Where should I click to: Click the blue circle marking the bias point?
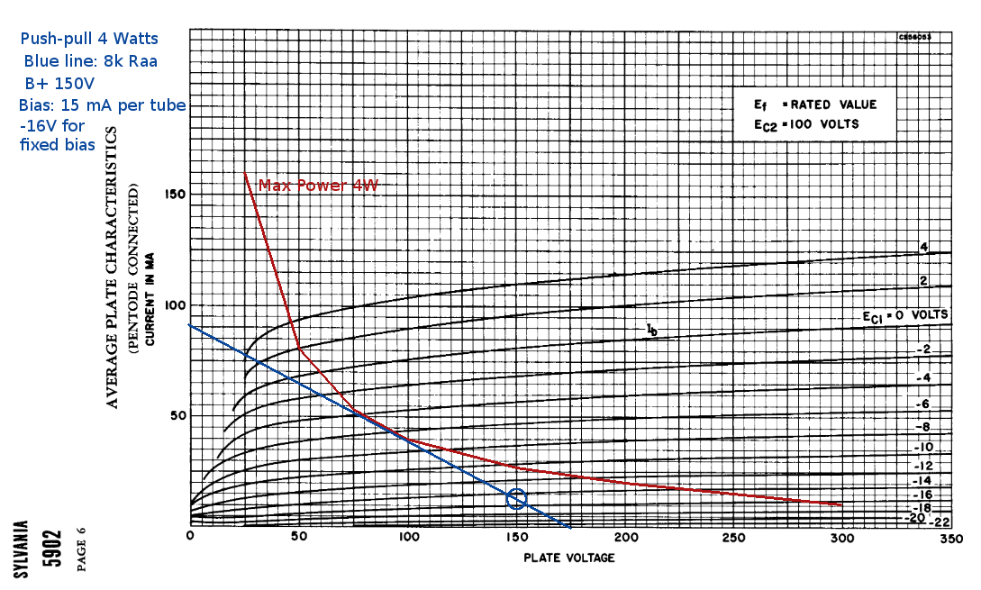coord(516,498)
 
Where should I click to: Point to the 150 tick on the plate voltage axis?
coord(516,538)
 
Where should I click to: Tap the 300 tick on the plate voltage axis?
coord(842,538)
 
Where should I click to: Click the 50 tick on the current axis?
coord(177,415)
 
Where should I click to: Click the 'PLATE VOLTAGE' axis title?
coord(569,558)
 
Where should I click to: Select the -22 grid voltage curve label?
coord(940,522)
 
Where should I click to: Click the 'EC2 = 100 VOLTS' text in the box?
coord(808,124)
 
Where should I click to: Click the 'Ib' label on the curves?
coord(652,331)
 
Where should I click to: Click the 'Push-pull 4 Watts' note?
coord(89,39)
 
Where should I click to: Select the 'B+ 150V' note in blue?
coord(59,84)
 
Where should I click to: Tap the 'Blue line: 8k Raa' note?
coord(90,61)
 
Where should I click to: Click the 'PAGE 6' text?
coord(82,549)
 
